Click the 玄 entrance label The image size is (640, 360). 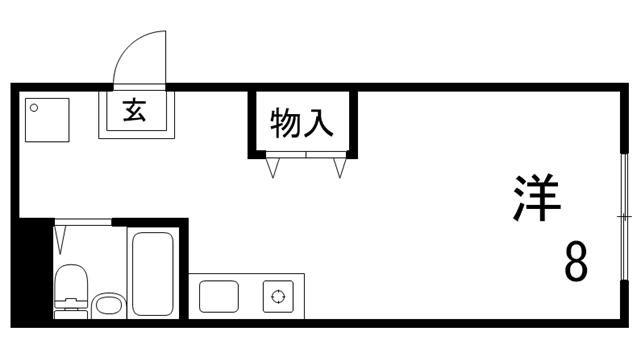pos(134,109)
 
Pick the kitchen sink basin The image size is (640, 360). pos(219,296)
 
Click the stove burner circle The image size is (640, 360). pos(276,296)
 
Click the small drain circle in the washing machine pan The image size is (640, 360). pos(34,105)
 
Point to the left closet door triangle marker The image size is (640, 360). pos(272,167)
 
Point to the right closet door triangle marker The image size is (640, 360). pos(340,167)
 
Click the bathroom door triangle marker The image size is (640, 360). pos(62,240)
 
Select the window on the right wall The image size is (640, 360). pos(624,217)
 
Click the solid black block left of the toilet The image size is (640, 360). pos(36,270)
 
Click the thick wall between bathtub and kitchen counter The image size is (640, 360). pos(184,270)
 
